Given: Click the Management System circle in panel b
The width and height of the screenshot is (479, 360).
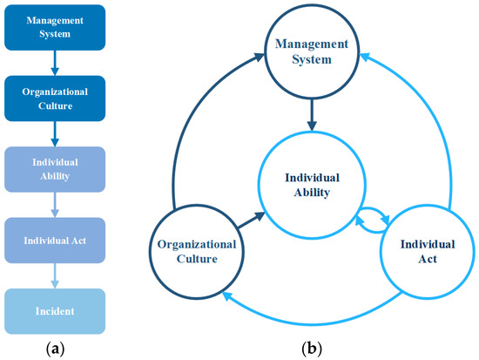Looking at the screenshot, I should [x=311, y=51].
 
